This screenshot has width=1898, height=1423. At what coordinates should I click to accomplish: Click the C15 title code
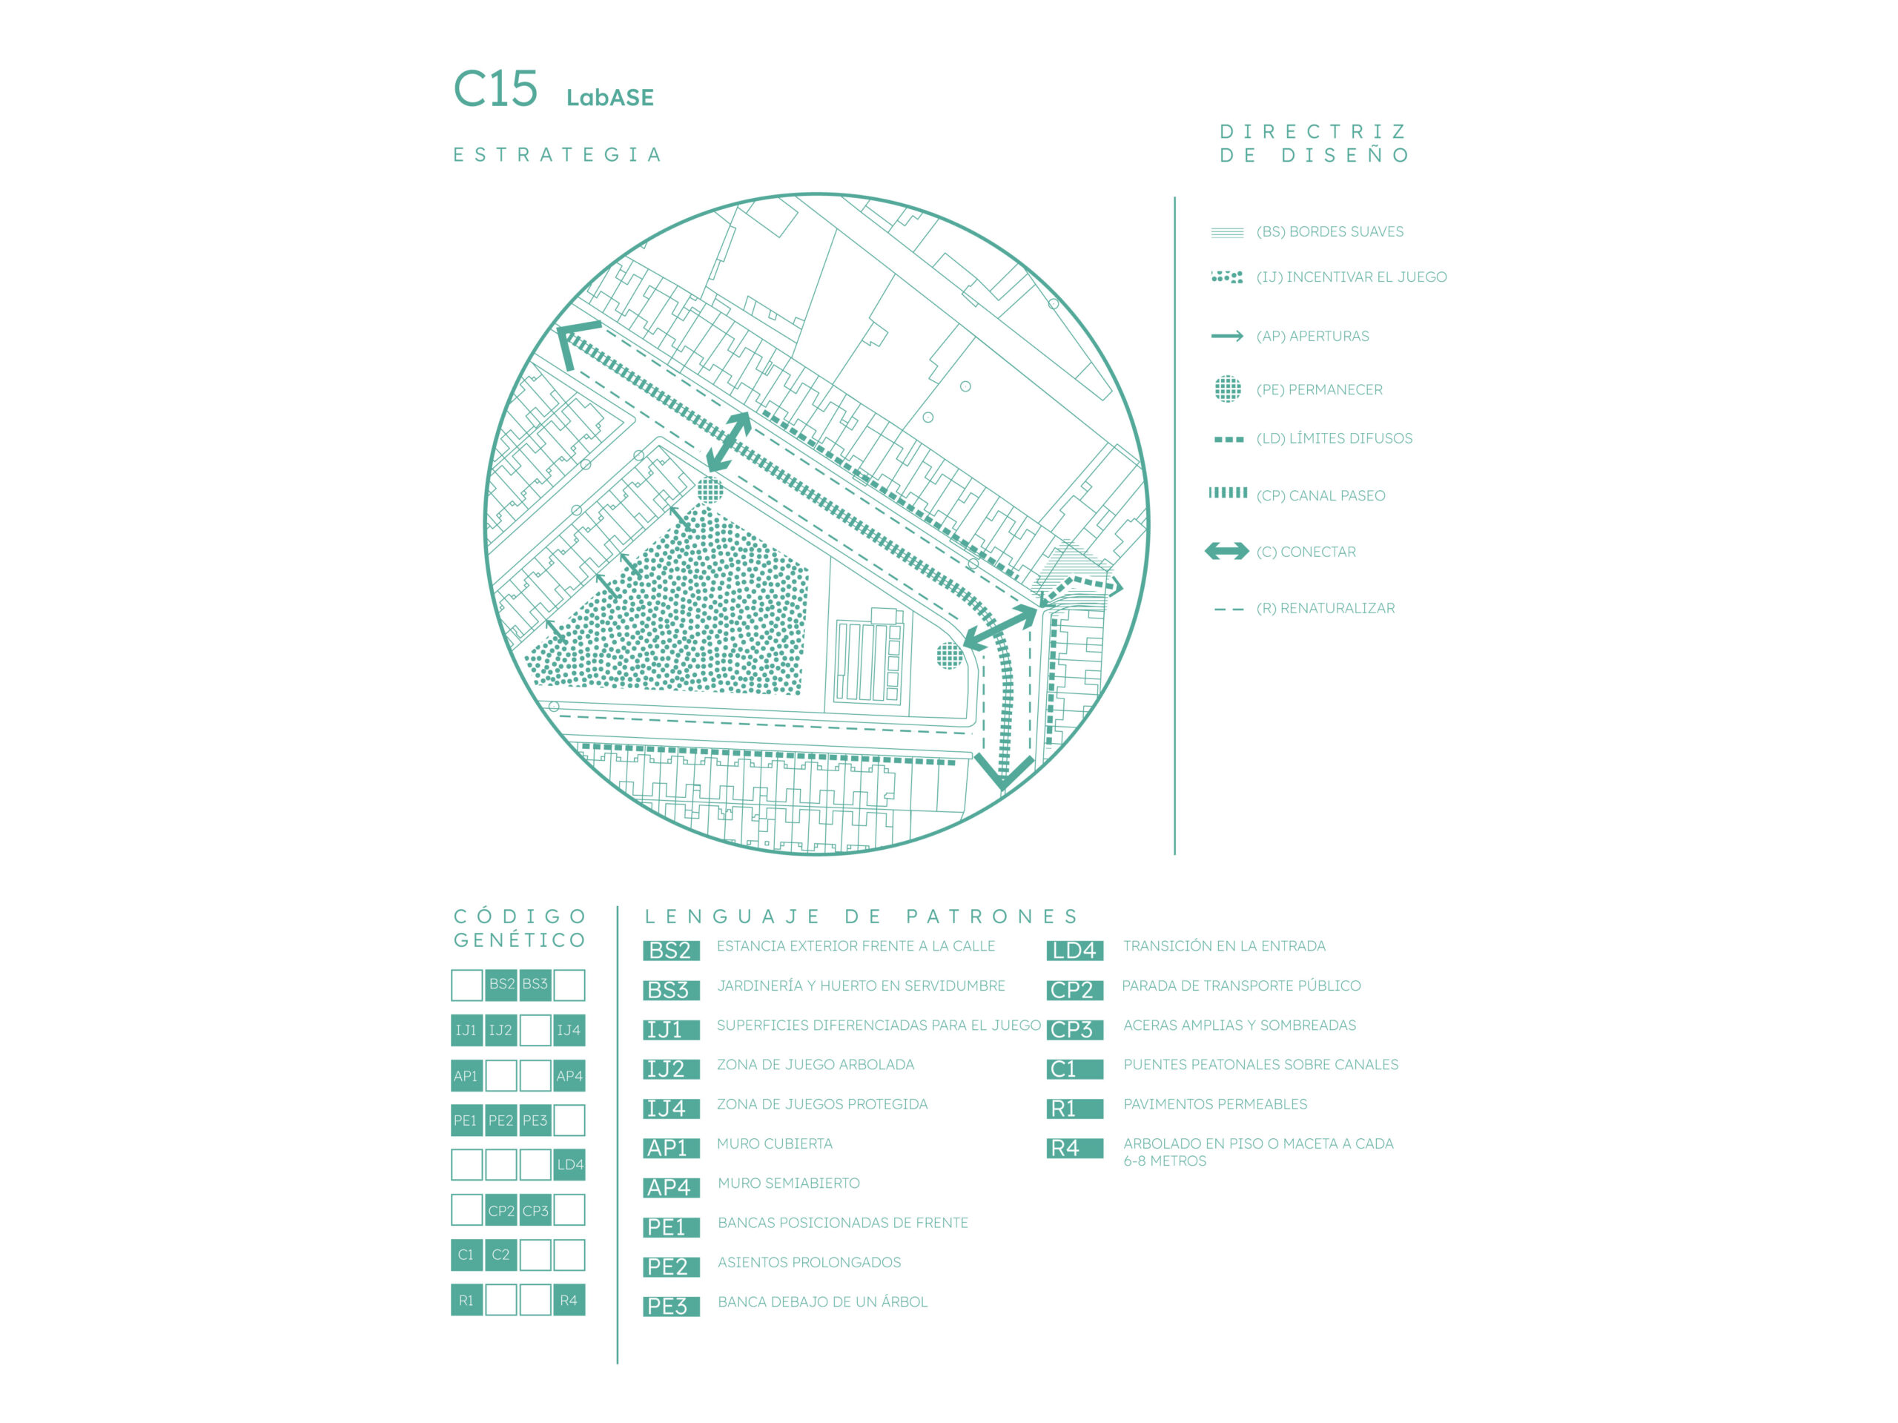pyautogui.click(x=495, y=89)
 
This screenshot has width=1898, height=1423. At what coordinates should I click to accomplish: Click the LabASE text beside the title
pyautogui.click(x=609, y=98)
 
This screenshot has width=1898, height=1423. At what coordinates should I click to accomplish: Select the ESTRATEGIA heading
pyautogui.click(x=558, y=154)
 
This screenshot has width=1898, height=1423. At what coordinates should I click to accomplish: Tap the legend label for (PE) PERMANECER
pyautogui.click(x=1319, y=389)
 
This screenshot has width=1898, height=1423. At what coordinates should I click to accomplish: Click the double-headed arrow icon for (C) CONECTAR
pyautogui.click(x=1226, y=551)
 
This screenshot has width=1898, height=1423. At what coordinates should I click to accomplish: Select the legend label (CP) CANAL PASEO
pyautogui.click(x=1320, y=495)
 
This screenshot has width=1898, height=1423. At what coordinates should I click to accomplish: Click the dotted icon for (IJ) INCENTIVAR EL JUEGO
pyautogui.click(x=1226, y=277)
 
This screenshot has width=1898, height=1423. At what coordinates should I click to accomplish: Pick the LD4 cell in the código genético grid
pyautogui.click(x=569, y=1165)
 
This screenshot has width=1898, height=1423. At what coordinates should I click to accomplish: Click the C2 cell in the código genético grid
pyautogui.click(x=500, y=1255)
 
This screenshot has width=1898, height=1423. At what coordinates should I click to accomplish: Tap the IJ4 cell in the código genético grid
pyautogui.click(x=569, y=1030)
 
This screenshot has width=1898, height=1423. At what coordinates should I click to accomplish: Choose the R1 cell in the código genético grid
pyautogui.click(x=466, y=1300)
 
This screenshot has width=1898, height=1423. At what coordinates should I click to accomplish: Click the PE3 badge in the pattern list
pyautogui.click(x=671, y=1307)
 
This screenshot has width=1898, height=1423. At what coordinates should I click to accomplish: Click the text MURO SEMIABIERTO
pyautogui.click(x=789, y=1183)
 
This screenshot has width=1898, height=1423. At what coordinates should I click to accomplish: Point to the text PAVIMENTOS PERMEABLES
pyautogui.click(x=1215, y=1103)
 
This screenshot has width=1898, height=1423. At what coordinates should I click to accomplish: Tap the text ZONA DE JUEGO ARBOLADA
pyautogui.click(x=815, y=1064)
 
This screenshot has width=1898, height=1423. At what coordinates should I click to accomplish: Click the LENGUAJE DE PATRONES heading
pyautogui.click(x=862, y=917)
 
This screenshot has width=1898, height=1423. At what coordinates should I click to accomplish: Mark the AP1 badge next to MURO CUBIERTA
pyautogui.click(x=671, y=1149)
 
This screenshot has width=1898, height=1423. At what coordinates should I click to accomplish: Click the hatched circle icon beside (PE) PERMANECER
pyautogui.click(x=1227, y=389)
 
